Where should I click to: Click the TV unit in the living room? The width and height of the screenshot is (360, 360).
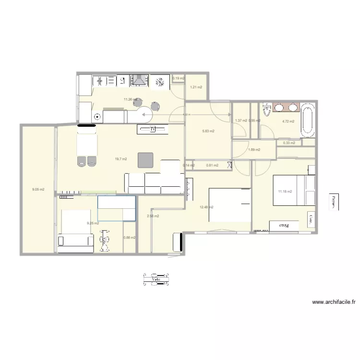click(x=153, y=129)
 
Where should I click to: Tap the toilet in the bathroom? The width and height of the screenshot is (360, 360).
click(x=267, y=112)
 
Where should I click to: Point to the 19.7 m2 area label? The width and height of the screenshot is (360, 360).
click(x=121, y=159)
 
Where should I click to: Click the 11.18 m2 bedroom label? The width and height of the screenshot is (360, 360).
click(x=285, y=192)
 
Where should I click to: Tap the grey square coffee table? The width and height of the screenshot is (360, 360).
click(x=145, y=160)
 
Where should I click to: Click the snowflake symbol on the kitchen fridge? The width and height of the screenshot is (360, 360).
click(x=160, y=82)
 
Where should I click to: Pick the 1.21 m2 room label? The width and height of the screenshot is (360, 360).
click(x=196, y=87)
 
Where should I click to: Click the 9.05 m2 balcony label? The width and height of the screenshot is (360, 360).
click(x=38, y=190)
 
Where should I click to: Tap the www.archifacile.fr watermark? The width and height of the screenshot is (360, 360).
click(x=334, y=302)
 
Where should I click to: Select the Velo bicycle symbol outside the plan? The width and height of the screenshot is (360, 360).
click(x=156, y=279)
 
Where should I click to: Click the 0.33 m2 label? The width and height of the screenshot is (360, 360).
click(x=289, y=143)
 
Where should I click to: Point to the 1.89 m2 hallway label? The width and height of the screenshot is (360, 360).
click(x=254, y=150)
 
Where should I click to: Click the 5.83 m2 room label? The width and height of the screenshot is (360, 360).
click(x=208, y=131)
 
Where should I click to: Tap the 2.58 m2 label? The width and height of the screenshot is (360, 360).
click(x=153, y=216)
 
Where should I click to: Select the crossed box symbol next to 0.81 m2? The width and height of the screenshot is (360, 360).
click(x=229, y=165)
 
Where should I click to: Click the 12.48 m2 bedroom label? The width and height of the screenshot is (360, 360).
click(x=206, y=207)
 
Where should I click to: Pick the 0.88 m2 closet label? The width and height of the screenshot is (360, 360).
click(x=129, y=238)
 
